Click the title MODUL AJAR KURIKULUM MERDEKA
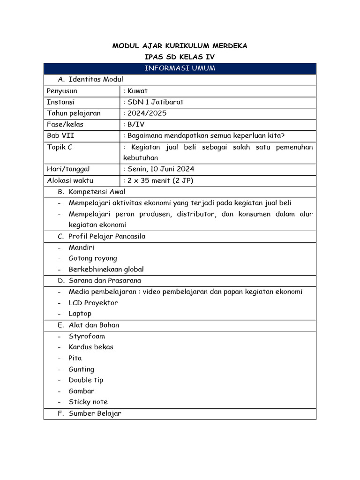[180, 46]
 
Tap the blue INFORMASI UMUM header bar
[180, 68]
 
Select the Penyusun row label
[62, 91]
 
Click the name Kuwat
[137, 91]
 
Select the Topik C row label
[60, 147]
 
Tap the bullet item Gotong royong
[93, 258]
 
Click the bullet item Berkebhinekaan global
[106, 270]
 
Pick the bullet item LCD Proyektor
[93, 303]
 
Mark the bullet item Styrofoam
[87, 336]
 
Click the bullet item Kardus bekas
[91, 347]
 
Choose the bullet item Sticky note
[88, 402]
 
